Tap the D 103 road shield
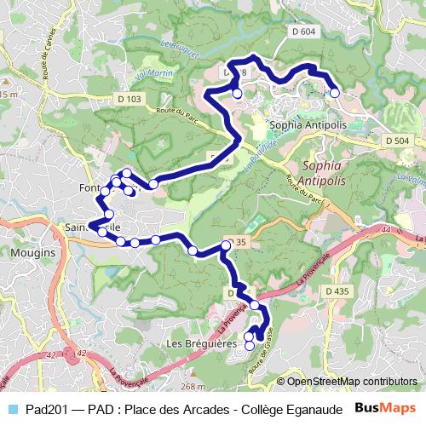[x=130, y=99]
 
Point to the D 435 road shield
[x=338, y=291]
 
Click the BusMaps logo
[x=385, y=408]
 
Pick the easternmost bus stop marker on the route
[x=335, y=93]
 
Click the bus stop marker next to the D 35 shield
[x=226, y=245]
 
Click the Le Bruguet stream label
[x=178, y=50]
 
